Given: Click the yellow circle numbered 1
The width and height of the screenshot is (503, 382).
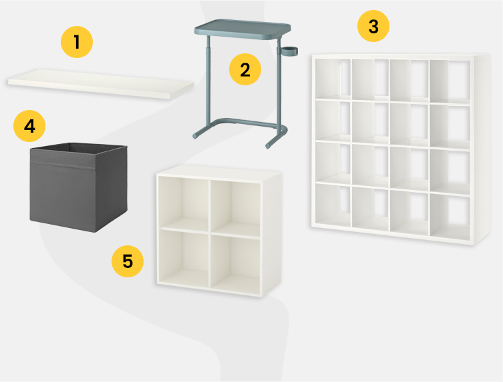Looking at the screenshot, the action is click(77, 42).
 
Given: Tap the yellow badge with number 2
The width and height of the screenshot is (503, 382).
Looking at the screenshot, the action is click(245, 69).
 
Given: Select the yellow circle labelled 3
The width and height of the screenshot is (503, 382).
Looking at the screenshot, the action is click(373, 26).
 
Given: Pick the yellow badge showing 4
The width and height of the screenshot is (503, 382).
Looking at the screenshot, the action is click(29, 126).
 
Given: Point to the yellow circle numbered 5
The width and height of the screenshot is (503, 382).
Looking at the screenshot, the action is click(128, 261).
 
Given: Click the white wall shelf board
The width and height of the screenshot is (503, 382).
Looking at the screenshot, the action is click(101, 84).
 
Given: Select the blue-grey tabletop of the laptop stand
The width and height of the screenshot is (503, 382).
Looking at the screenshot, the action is click(242, 29).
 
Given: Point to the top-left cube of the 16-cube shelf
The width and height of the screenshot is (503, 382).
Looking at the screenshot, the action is click(333, 79).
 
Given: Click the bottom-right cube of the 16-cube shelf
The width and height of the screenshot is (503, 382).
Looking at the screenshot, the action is click(450, 217).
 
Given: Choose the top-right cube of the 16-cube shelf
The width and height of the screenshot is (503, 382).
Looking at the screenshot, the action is click(450, 81).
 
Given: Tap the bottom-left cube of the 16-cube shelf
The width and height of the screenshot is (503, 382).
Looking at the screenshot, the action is click(333, 205).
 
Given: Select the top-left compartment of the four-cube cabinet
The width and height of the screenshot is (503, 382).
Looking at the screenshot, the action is click(184, 203).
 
